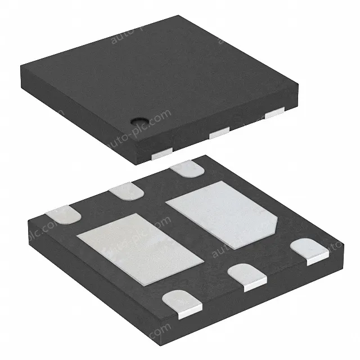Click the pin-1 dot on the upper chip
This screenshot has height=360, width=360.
pos(138,120)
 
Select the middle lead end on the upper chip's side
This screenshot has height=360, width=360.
pos(218,132)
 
